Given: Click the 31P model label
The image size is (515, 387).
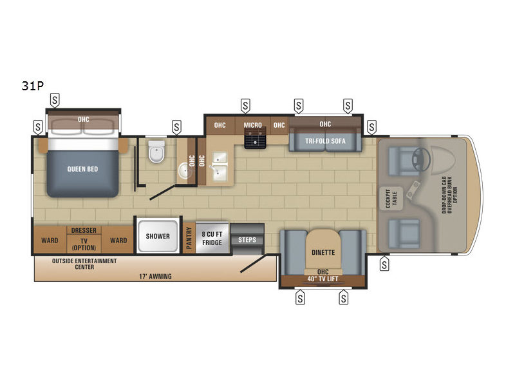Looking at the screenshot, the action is pyautogui.click(x=33, y=86).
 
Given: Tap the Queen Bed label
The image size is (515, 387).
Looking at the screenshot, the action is pyautogui.click(x=82, y=169).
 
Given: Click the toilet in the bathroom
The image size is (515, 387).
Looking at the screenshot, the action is pyautogui.click(x=156, y=152).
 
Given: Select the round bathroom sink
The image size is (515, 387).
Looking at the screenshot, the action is pyautogui.click(x=185, y=170).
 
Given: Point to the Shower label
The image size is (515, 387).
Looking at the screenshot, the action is pyautogui.click(x=158, y=236).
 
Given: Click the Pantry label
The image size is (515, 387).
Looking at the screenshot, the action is pyautogui.click(x=189, y=237).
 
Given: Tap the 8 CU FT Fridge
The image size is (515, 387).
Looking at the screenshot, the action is pyautogui.click(x=212, y=237).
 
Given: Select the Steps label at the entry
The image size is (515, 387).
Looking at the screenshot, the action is pyautogui.click(x=247, y=240).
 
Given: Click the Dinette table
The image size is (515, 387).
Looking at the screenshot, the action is pyautogui.click(x=323, y=251).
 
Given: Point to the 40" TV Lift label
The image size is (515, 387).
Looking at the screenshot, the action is pyautogui.click(x=323, y=279).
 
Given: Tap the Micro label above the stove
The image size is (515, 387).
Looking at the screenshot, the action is pyautogui.click(x=252, y=125).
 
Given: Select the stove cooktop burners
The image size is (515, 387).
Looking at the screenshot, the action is pyautogui.click(x=255, y=138).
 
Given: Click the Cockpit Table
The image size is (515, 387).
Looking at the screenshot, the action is pyautogui.click(x=391, y=199).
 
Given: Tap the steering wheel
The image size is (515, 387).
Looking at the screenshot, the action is pyautogui.click(x=421, y=159).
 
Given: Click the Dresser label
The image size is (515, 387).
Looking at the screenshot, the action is pyautogui.click(x=84, y=230).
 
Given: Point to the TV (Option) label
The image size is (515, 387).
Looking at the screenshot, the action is pyautogui.click(x=84, y=244).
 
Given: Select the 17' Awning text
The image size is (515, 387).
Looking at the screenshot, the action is pyautogui.click(x=155, y=277).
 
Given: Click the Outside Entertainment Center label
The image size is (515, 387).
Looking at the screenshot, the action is pyautogui.click(x=84, y=264).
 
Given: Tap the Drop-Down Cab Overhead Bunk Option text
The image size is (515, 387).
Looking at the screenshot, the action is pyautogui.click(x=449, y=195).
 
